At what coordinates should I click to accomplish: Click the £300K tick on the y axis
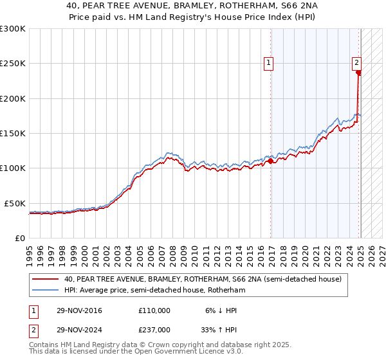click(x=13, y=29)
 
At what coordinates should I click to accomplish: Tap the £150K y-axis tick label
click(x=13, y=133)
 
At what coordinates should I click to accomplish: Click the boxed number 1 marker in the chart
click(x=268, y=62)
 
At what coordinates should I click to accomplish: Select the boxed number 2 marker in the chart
click(x=356, y=62)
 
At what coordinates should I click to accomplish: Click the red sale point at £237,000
click(x=358, y=73)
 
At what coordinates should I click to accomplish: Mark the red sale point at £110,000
click(x=271, y=161)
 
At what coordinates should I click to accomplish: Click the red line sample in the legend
click(x=46, y=280)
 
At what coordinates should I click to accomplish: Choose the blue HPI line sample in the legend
click(x=46, y=291)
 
